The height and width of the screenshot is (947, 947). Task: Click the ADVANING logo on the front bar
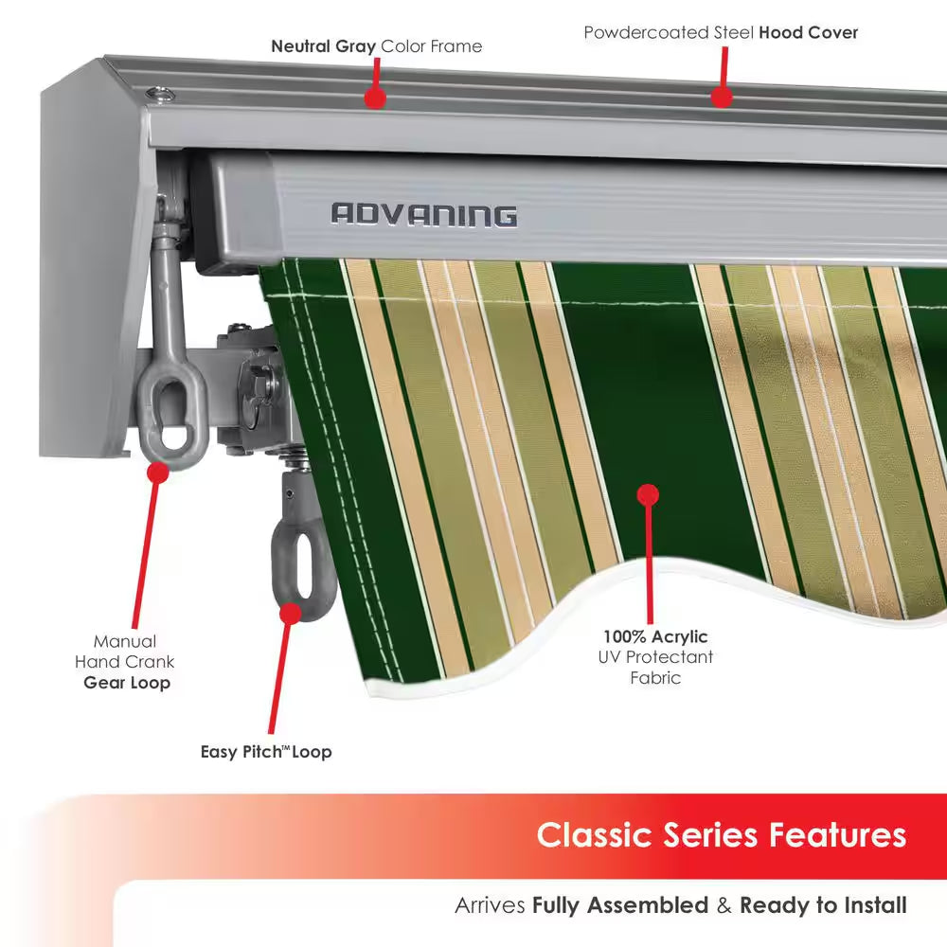coord(423,215)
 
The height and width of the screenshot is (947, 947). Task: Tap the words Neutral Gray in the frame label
coord(324,45)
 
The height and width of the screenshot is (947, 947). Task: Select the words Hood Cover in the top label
coord(808,32)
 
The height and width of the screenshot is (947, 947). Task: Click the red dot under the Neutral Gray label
coord(375,97)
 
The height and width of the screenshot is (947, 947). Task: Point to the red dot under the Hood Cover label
coord(722,97)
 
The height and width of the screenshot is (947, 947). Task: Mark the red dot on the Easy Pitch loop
coord(291,612)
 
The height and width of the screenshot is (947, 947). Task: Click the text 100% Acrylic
coord(655,636)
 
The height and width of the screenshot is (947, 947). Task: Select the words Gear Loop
coord(127,682)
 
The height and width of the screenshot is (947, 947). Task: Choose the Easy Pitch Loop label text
coord(266,752)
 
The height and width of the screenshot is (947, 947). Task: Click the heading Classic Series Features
coord(721,835)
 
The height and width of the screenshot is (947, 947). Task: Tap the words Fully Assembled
coord(619,905)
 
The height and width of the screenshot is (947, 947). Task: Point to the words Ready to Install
coord(822,905)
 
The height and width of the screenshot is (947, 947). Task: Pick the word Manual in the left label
coord(125,641)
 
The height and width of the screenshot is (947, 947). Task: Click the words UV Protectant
coord(655,657)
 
